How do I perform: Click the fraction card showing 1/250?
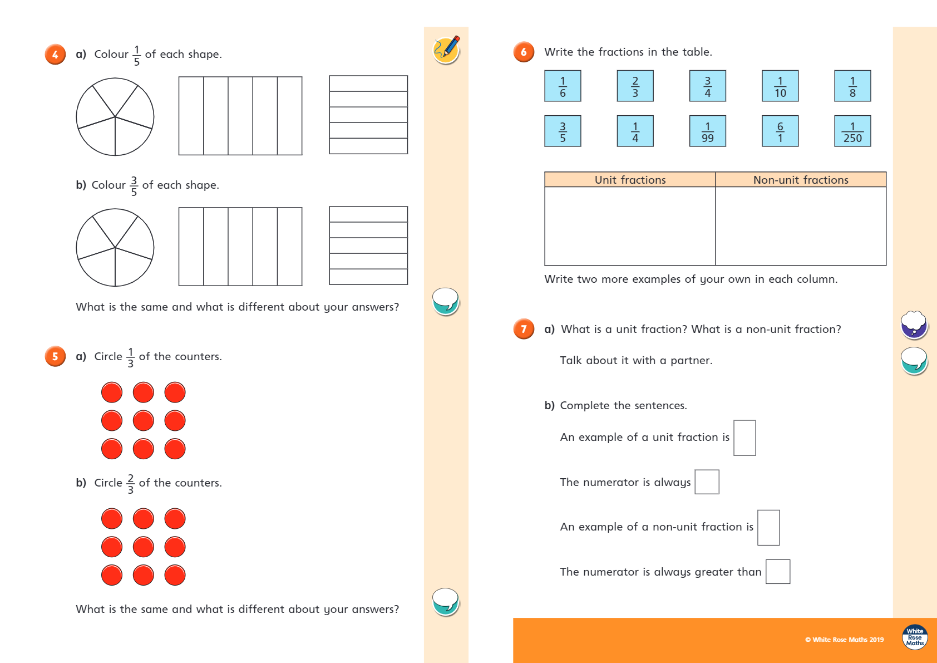(x=852, y=131)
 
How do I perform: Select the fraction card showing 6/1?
(x=780, y=131)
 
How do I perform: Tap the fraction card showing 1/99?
(x=707, y=131)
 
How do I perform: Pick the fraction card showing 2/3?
(x=635, y=86)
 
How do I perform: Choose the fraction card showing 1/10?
(x=780, y=86)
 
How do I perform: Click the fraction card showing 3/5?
(x=563, y=131)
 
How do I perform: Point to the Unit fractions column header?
(x=630, y=180)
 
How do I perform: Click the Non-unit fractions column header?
(x=801, y=180)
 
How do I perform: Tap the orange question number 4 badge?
(x=55, y=55)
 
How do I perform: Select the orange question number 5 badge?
(x=55, y=357)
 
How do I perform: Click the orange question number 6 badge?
(x=524, y=52)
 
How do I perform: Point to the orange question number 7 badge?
(x=524, y=329)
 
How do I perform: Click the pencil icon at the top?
(x=446, y=50)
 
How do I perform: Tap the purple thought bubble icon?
(x=914, y=325)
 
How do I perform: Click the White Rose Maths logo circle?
(x=915, y=637)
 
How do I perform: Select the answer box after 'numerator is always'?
(x=707, y=482)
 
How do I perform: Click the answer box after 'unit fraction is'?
(x=744, y=438)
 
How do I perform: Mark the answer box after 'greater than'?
(x=778, y=572)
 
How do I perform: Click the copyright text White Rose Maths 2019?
(x=845, y=640)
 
